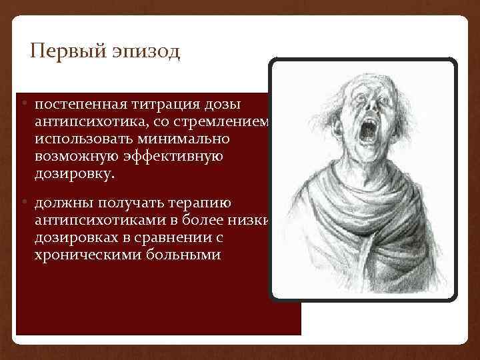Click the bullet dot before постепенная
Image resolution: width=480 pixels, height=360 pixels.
tap(24, 105)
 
